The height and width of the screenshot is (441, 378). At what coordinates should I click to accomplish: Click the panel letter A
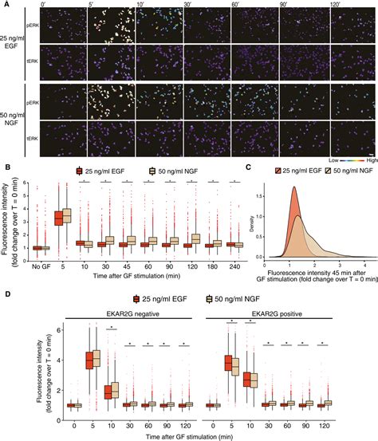click(x=5, y=5)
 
